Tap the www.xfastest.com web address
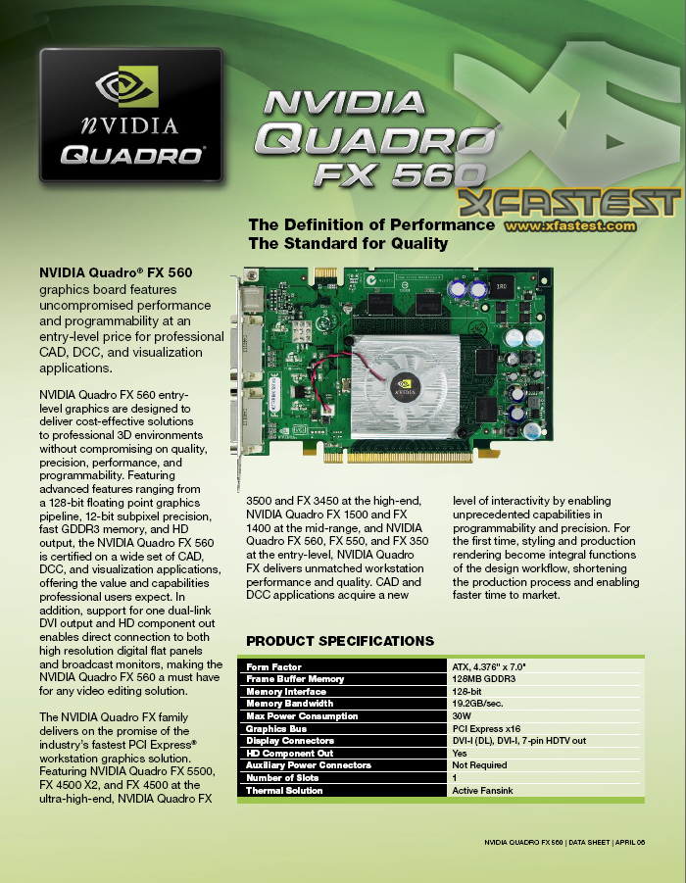click(556, 225)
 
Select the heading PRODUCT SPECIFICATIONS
click(339, 641)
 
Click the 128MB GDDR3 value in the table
click(483, 679)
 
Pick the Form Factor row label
click(274, 666)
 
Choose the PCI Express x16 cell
click(486, 728)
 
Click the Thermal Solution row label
click(283, 790)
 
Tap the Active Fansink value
click(483, 790)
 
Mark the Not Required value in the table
click(479, 765)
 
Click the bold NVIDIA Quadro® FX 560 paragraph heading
click(116, 272)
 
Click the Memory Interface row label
click(286, 691)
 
